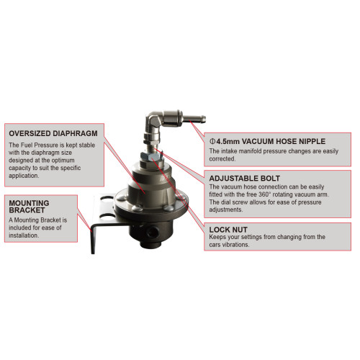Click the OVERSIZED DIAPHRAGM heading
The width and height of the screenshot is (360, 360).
[53, 133]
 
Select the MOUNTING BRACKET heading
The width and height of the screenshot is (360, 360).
[29, 207]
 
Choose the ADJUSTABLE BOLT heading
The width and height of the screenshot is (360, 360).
[245, 179]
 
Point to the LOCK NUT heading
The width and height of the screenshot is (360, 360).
[228, 230]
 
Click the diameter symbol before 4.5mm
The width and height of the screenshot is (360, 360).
[212, 141]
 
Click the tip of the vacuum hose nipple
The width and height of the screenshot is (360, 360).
[204, 119]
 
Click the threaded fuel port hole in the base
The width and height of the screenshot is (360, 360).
[152, 232]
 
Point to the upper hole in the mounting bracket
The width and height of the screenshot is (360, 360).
[107, 199]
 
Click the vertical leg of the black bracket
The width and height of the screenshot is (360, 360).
[93, 239]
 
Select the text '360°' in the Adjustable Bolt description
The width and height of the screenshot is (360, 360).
[265, 194]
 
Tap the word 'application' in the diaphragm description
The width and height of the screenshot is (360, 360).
[24, 176]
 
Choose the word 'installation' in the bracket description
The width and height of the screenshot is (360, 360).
[24, 235]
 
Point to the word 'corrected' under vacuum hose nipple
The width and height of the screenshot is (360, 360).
[222, 158]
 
